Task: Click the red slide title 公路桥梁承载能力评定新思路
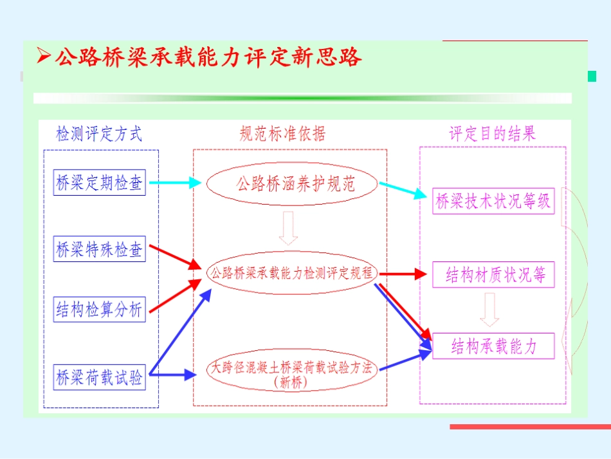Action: click(208, 57)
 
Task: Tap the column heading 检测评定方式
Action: click(99, 134)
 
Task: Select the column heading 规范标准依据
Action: click(282, 134)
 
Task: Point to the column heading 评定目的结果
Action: click(493, 134)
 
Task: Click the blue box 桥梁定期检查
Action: click(99, 182)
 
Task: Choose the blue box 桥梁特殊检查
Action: click(99, 248)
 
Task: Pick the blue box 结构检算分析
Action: click(99, 309)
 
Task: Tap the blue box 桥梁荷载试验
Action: click(99, 377)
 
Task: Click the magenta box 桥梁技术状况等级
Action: click(493, 201)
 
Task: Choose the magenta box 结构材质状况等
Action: click(493, 274)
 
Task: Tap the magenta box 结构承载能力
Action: click(493, 346)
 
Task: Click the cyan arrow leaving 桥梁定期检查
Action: click(175, 183)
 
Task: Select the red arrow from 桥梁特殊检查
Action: click(175, 258)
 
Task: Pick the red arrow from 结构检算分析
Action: click(175, 296)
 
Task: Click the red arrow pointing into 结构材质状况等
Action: click(403, 274)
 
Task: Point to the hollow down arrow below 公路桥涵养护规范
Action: click(288, 228)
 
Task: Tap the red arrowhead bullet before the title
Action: click(44, 55)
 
